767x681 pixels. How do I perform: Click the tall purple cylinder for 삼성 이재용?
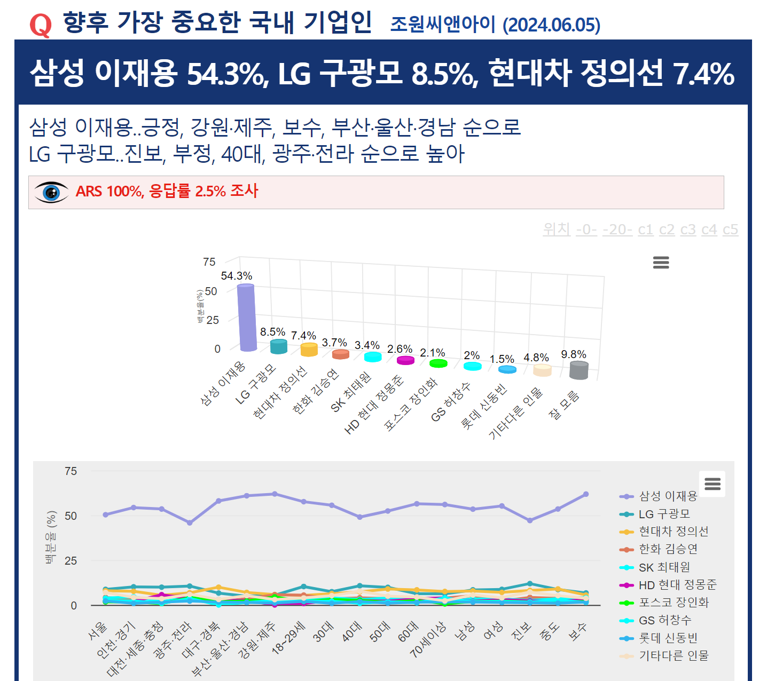pos(247,318)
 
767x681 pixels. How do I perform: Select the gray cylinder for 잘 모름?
pos(579,370)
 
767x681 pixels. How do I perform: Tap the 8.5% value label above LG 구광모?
pos(272,332)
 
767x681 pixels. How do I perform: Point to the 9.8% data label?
pos(574,354)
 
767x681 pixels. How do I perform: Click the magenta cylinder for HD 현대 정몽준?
pos(406,360)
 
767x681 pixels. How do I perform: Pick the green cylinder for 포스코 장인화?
pos(439,363)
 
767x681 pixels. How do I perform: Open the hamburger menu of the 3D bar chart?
pos(661,263)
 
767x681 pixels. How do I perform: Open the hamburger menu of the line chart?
pos(713,484)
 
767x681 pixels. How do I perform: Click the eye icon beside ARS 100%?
pos(51,192)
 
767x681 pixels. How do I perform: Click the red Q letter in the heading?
pos(41,25)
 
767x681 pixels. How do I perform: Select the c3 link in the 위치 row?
pos(688,229)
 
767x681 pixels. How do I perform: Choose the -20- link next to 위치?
pos(617,229)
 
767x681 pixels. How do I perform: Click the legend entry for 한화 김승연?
pos(668,549)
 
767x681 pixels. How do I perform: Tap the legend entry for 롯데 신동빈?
pos(668,638)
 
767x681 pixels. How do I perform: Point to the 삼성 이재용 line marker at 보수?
pos(586,494)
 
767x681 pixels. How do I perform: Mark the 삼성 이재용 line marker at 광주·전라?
pos(190,523)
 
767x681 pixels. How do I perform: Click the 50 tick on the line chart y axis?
pos(71,516)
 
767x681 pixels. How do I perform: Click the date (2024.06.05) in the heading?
pos(551,25)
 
